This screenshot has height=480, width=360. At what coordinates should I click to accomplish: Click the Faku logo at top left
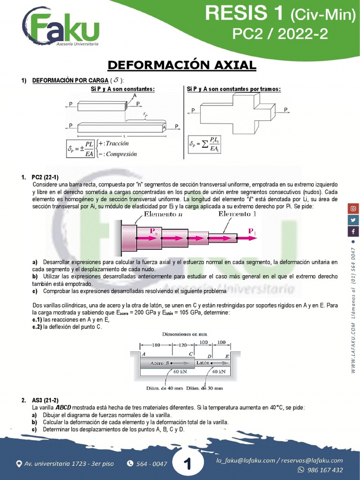tap(61, 29)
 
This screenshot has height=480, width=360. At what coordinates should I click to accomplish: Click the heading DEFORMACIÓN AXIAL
tap(182, 65)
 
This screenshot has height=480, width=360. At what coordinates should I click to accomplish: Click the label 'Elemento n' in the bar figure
tap(164, 214)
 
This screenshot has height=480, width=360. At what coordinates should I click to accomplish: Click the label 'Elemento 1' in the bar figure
tap(238, 214)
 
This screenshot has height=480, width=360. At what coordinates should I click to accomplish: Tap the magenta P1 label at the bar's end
tap(252, 231)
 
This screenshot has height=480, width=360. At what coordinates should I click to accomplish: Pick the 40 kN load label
tap(218, 372)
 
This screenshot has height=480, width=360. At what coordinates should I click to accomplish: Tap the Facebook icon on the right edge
tap(353, 232)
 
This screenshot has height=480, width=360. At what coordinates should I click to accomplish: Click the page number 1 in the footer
tap(187, 464)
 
